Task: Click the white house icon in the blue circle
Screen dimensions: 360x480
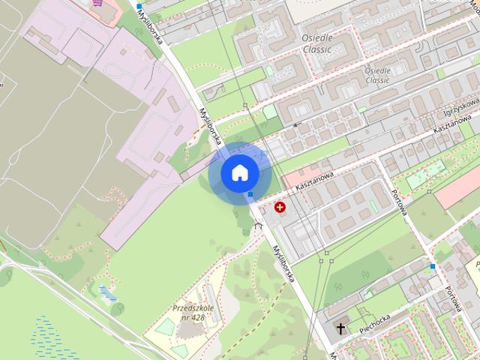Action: coord(240,172)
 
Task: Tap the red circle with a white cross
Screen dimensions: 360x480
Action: coord(280,207)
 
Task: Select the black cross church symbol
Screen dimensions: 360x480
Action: coord(342,328)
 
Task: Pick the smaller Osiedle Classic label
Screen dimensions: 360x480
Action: coord(377,75)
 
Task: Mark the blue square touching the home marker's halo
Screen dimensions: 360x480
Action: coord(250,194)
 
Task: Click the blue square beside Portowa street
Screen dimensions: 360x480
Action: coord(433,266)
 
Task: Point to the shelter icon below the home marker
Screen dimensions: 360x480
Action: coord(259,225)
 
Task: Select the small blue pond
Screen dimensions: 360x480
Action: coord(106,292)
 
